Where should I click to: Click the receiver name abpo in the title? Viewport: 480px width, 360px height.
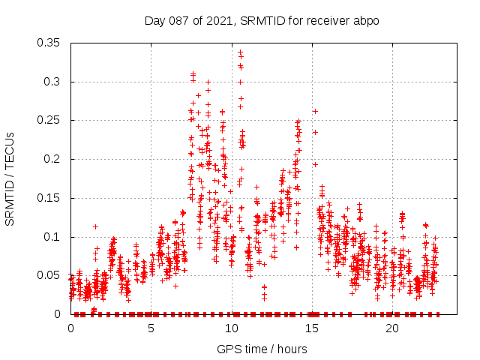point(364,20)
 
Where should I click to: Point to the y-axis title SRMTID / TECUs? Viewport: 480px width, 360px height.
point(10,178)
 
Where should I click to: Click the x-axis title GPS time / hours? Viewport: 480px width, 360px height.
point(261,349)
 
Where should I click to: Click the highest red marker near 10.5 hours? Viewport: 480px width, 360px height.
point(240,52)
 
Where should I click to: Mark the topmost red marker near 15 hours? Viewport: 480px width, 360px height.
point(315,111)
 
